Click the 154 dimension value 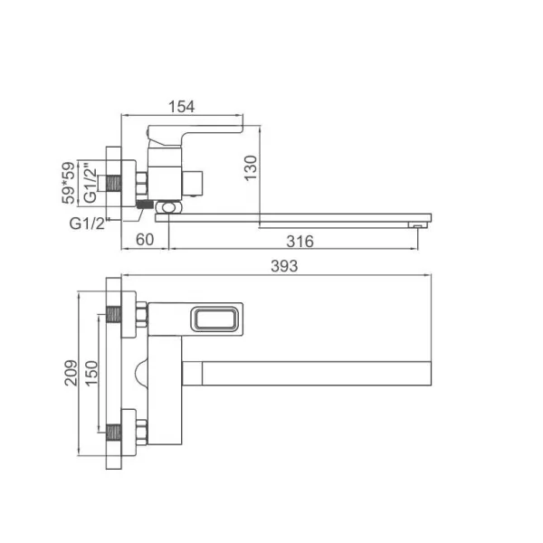(182, 107)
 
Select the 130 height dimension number (251, 167)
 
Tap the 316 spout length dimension (300, 242)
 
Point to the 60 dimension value (145, 239)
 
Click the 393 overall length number (284, 266)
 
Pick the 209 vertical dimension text (71, 373)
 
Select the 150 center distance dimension (91, 373)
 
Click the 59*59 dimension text (68, 183)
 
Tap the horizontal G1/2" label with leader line (87, 224)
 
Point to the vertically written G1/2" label (90, 183)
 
